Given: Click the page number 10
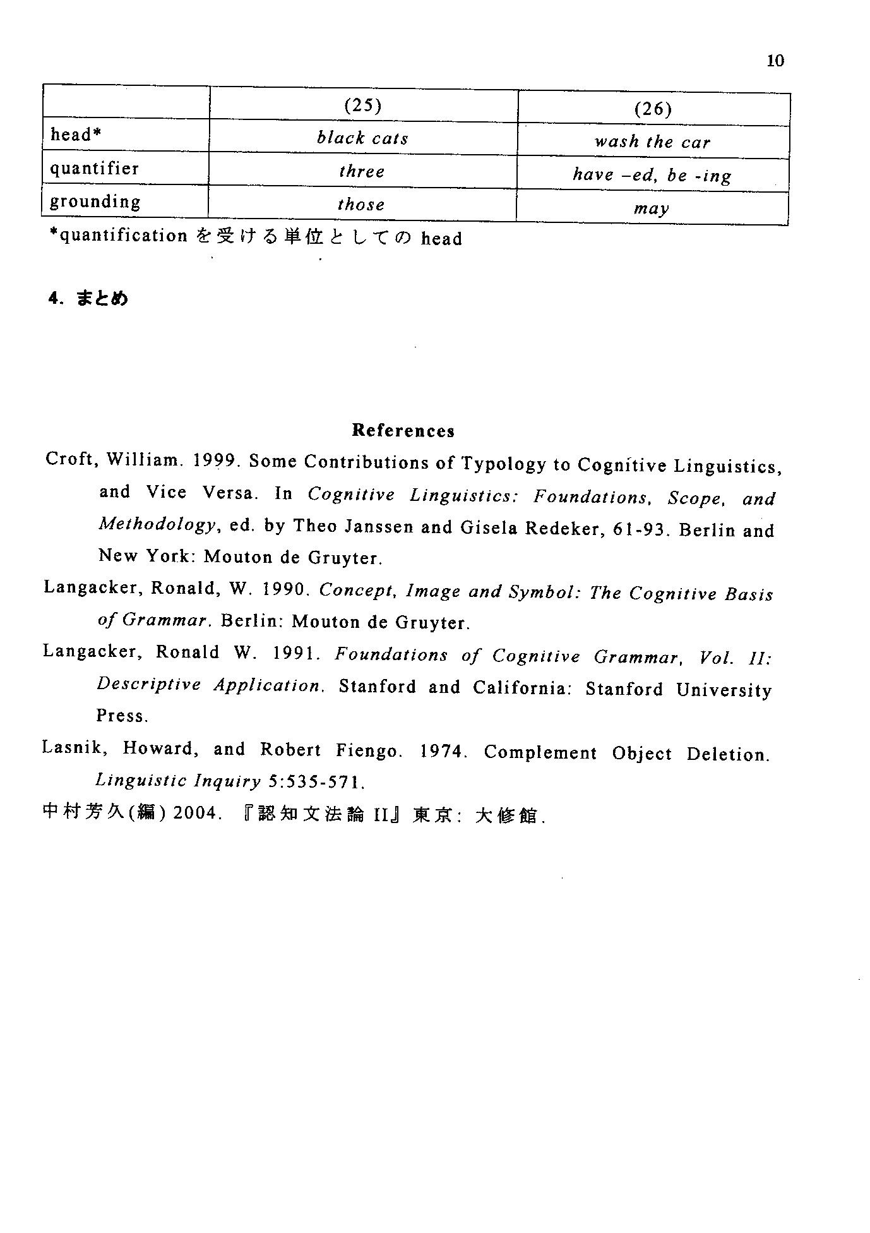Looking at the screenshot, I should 775,61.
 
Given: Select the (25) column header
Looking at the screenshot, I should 362,105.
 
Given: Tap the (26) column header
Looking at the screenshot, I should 653,109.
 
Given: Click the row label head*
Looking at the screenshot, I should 76,135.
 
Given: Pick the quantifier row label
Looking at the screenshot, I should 94,169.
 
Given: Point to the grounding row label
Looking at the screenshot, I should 95,201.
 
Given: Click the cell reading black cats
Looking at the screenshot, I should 362,138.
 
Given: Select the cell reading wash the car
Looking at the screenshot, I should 652,142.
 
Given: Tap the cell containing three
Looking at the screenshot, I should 362,172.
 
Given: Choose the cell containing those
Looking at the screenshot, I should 361,205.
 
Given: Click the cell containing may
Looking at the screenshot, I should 652,208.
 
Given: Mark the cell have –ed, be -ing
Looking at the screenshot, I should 652,175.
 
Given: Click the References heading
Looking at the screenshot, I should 403,431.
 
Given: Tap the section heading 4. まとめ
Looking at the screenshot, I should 88,298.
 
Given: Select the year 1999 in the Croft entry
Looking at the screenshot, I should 215,460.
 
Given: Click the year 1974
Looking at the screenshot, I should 442,752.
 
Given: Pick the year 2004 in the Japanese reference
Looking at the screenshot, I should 196,813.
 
